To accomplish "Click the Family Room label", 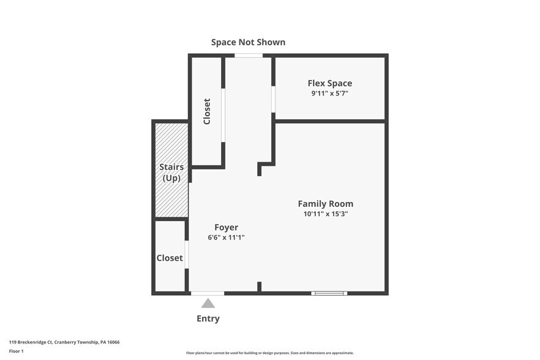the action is pyautogui.click(x=326, y=204).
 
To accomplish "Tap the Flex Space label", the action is pyautogui.click(x=330, y=83).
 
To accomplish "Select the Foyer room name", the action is pyautogui.click(x=227, y=227).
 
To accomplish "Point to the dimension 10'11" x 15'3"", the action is pyautogui.click(x=326, y=214).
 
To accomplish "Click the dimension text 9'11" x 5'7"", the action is pyautogui.click(x=330, y=93).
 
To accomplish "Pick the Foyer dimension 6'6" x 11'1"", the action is pyautogui.click(x=227, y=238).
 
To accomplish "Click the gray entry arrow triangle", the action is pyautogui.click(x=208, y=304).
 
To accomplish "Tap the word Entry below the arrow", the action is pyautogui.click(x=208, y=318).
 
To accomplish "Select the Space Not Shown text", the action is pyautogui.click(x=248, y=42).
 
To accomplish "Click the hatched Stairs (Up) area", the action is pyautogui.click(x=171, y=170).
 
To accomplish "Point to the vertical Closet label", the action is pyautogui.click(x=207, y=111).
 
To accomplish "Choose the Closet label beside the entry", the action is pyautogui.click(x=170, y=258).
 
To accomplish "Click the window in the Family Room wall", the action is pyautogui.click(x=329, y=293).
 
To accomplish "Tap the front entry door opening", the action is pyautogui.click(x=208, y=293).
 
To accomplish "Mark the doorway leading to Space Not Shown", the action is pyautogui.click(x=249, y=56).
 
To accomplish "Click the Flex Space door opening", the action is pyautogui.click(x=274, y=99).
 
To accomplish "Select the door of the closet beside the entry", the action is pyautogui.click(x=187, y=255).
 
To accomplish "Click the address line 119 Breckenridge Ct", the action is pyautogui.click(x=64, y=342).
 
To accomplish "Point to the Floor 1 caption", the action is pyautogui.click(x=16, y=351).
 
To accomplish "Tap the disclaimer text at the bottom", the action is pyautogui.click(x=270, y=353).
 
